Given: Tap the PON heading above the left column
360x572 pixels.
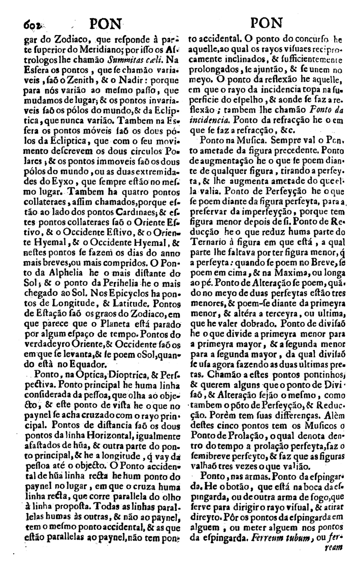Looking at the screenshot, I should (106, 23).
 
